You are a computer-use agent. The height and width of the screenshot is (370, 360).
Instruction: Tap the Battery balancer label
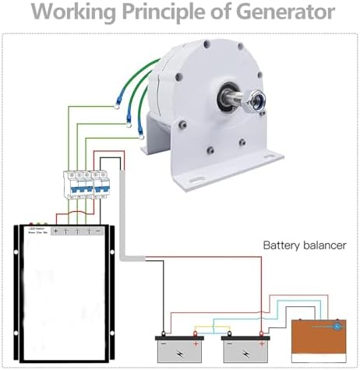click(304, 245)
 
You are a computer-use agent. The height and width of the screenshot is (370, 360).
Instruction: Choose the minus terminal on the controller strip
click(101, 232)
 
